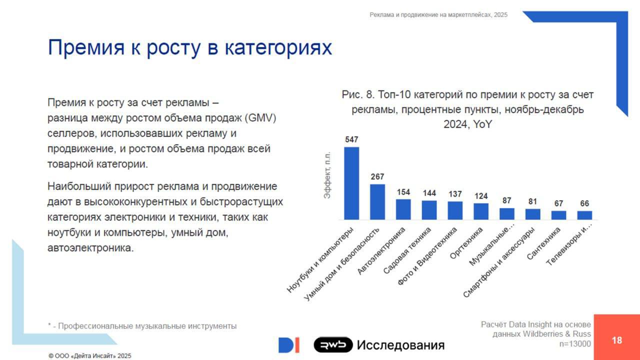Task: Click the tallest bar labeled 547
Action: pos(351,183)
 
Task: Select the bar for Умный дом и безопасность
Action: pos(377,202)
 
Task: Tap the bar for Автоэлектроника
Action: pos(403,209)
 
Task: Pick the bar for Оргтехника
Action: pos(481,211)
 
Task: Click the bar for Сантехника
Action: pos(558,215)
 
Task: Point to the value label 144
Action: pos(429,193)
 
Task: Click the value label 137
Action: pos(455,194)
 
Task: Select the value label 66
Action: pos(584,203)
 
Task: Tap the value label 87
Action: pos(507,200)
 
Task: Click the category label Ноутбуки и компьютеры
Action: pos(321,259)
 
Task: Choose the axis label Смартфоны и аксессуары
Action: pos(499,262)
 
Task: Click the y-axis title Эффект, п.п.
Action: pos(327,174)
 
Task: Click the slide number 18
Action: pos(617,340)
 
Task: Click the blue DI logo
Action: pos(289,345)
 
